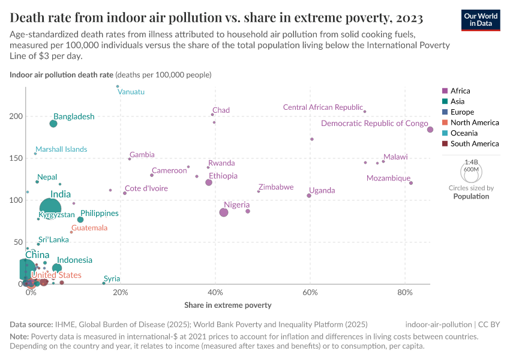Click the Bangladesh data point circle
(x=53, y=124)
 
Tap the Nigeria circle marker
(x=224, y=212)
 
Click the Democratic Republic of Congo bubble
(x=430, y=130)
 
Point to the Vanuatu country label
(x=131, y=92)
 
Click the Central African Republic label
(x=323, y=107)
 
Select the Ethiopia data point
(x=209, y=182)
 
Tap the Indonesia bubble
(x=57, y=268)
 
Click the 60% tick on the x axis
(x=310, y=292)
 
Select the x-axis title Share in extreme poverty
(x=228, y=305)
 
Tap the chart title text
(x=216, y=17)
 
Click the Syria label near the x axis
(x=112, y=279)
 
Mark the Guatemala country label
(x=89, y=228)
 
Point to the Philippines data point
(x=80, y=220)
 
